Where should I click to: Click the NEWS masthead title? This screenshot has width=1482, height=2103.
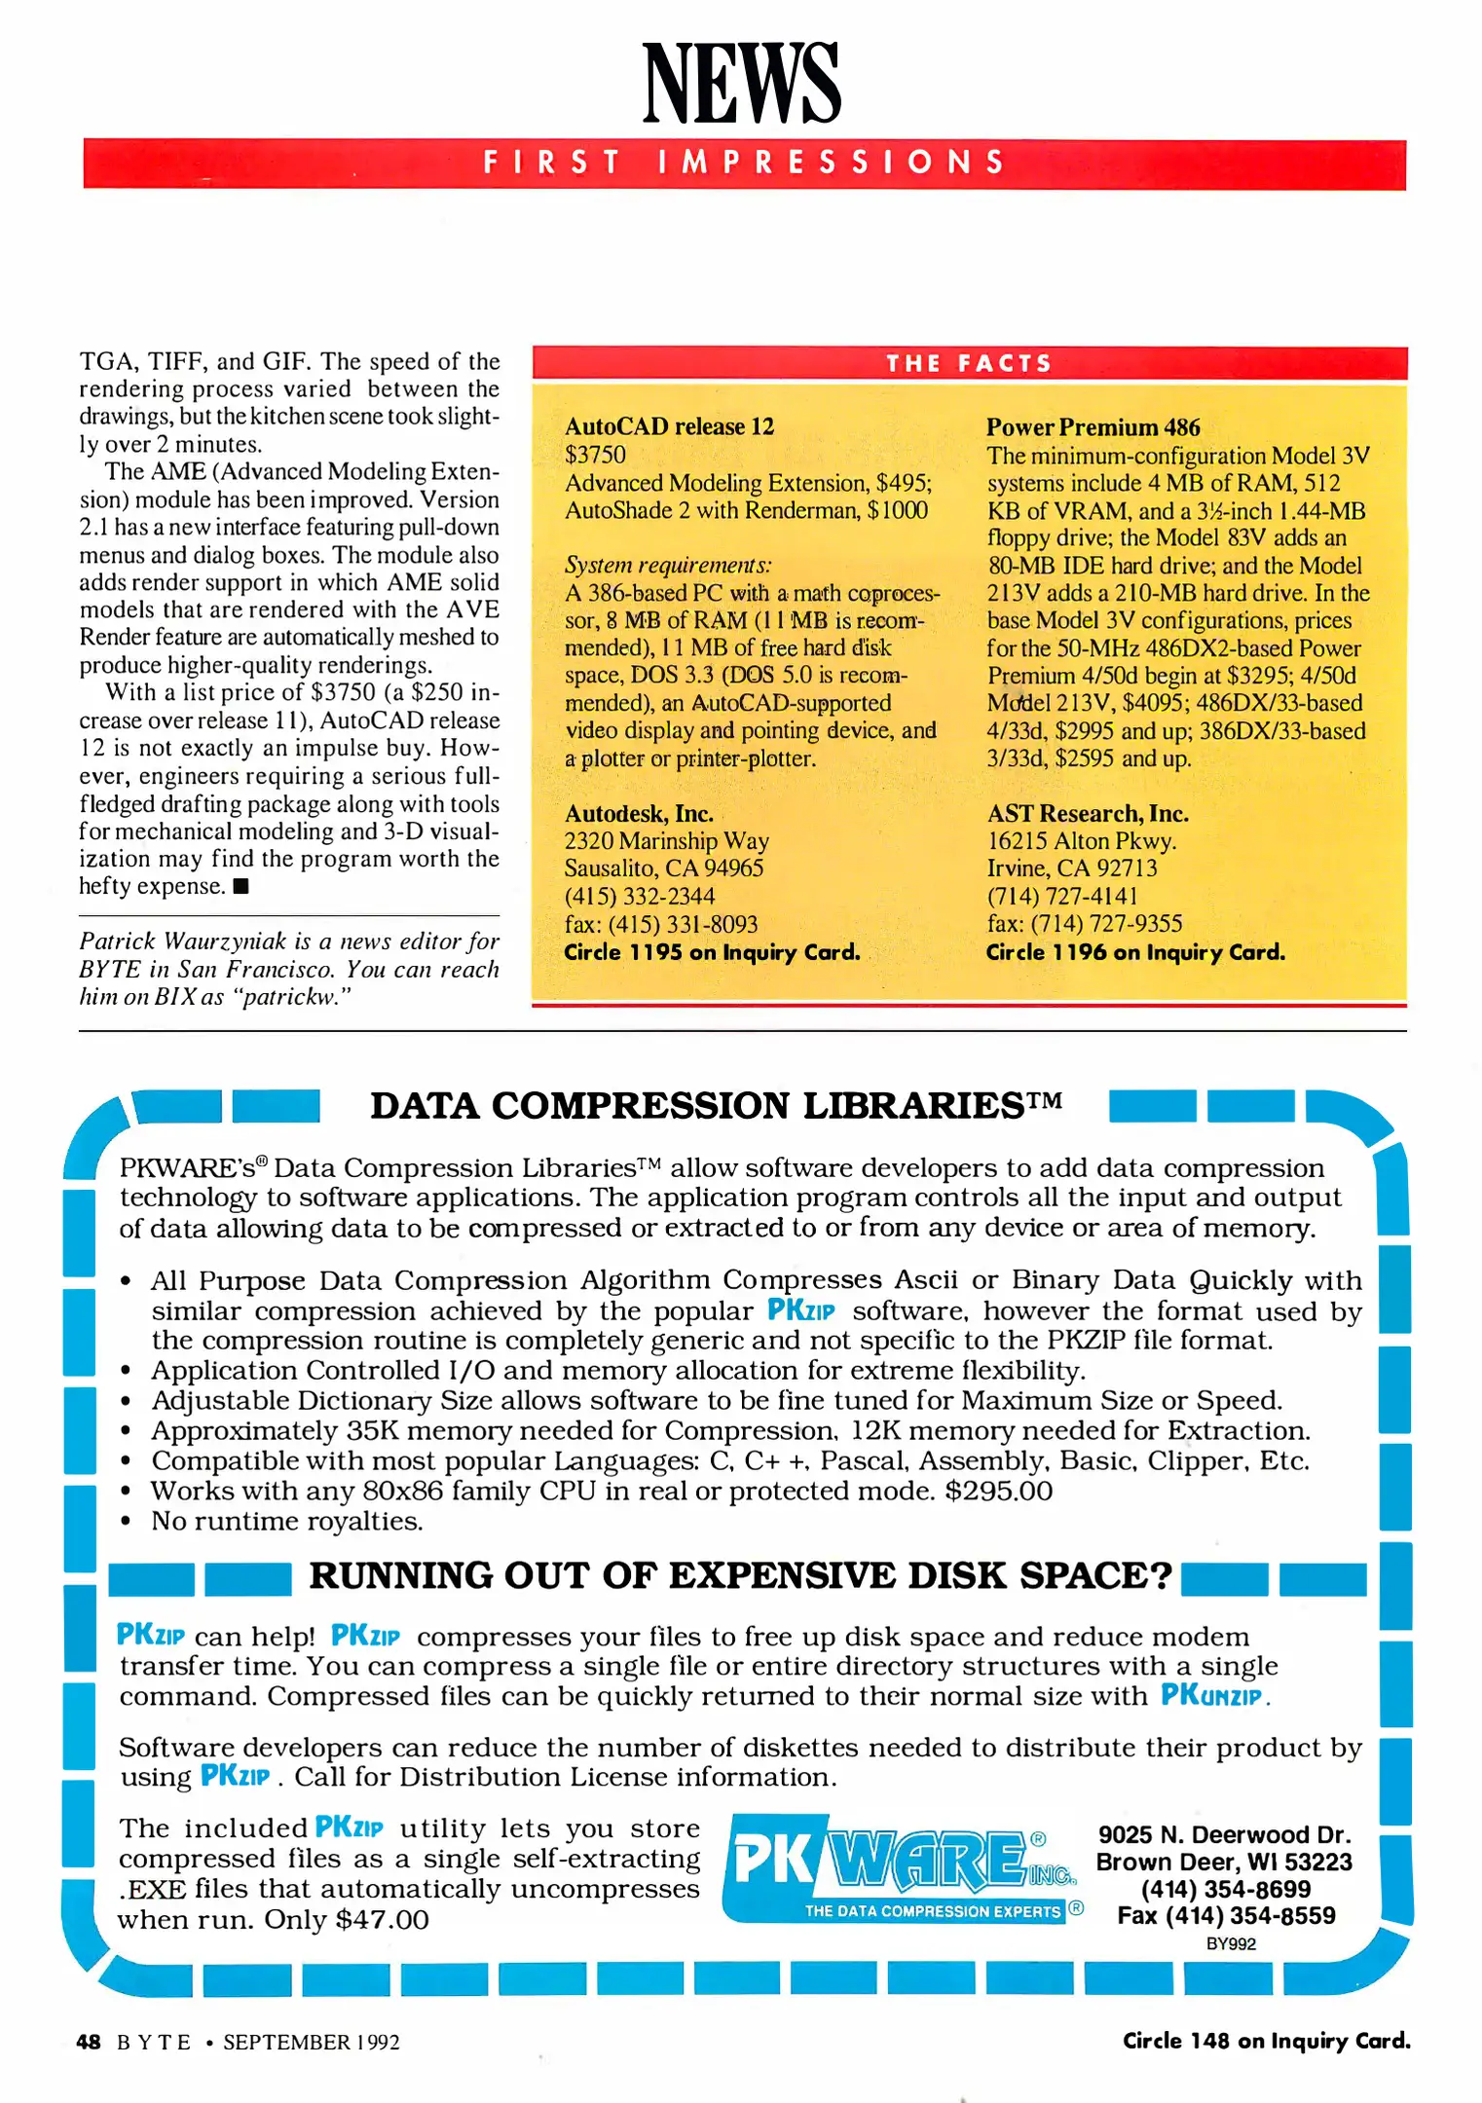pyautogui.click(x=742, y=84)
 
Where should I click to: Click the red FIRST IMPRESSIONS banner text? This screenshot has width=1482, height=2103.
pyautogui.click(x=744, y=163)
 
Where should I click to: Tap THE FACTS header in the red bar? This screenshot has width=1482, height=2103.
pyautogui.click(x=969, y=364)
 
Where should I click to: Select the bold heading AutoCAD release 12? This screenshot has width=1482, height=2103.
pyautogui.click(x=669, y=426)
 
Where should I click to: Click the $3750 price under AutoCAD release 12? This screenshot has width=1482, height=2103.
pyautogui.click(x=595, y=455)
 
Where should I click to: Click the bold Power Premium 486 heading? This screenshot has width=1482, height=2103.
pyautogui.click(x=1093, y=427)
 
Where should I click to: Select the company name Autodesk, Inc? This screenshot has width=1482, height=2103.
pyautogui.click(x=639, y=814)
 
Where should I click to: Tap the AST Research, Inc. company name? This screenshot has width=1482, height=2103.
pyautogui.click(x=1087, y=814)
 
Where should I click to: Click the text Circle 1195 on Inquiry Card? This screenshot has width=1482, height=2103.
pyautogui.click(x=712, y=952)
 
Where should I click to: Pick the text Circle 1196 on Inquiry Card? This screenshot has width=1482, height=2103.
pyautogui.click(x=1135, y=952)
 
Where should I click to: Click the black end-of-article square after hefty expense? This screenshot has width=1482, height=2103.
pyautogui.click(x=241, y=887)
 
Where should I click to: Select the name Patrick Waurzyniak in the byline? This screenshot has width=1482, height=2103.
pyautogui.click(x=183, y=941)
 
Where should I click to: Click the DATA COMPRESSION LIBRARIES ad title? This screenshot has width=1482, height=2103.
pyautogui.click(x=716, y=1106)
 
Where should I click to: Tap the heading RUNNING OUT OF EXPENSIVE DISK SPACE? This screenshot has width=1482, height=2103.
pyautogui.click(x=740, y=1575)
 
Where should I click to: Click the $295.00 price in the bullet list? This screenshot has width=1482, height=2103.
pyautogui.click(x=998, y=1491)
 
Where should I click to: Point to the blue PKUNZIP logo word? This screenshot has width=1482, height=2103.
pyautogui.click(x=1211, y=1695)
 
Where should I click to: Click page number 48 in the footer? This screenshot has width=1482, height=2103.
pyautogui.click(x=88, y=2042)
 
